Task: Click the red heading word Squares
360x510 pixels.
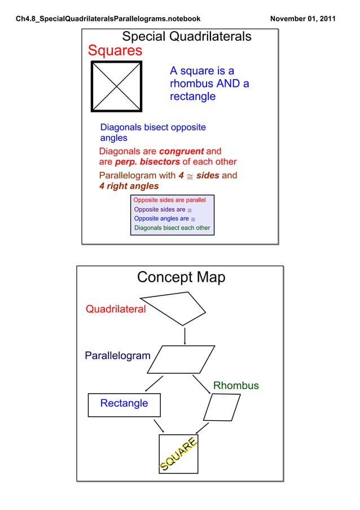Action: [115, 51]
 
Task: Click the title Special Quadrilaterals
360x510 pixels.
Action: [187, 37]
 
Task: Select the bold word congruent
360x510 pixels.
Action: [181, 151]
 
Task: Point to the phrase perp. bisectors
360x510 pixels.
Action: [147, 163]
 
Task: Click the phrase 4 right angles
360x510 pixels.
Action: [129, 186]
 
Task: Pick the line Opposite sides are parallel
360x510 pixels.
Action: [169, 200]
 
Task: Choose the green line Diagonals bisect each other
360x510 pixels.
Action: [172, 228]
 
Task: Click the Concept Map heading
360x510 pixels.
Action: [181, 278]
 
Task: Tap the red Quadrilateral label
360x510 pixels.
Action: [115, 309]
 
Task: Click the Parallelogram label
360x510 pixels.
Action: [117, 356]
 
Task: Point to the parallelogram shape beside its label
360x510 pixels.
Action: [181, 359]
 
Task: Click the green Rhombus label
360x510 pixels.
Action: [235, 386]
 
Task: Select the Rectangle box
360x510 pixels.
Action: [124, 404]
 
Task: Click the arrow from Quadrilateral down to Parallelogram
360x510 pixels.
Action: [185, 335]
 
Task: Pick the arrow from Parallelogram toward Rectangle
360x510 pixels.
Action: [153, 383]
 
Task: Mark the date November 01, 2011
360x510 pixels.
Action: [302, 19]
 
